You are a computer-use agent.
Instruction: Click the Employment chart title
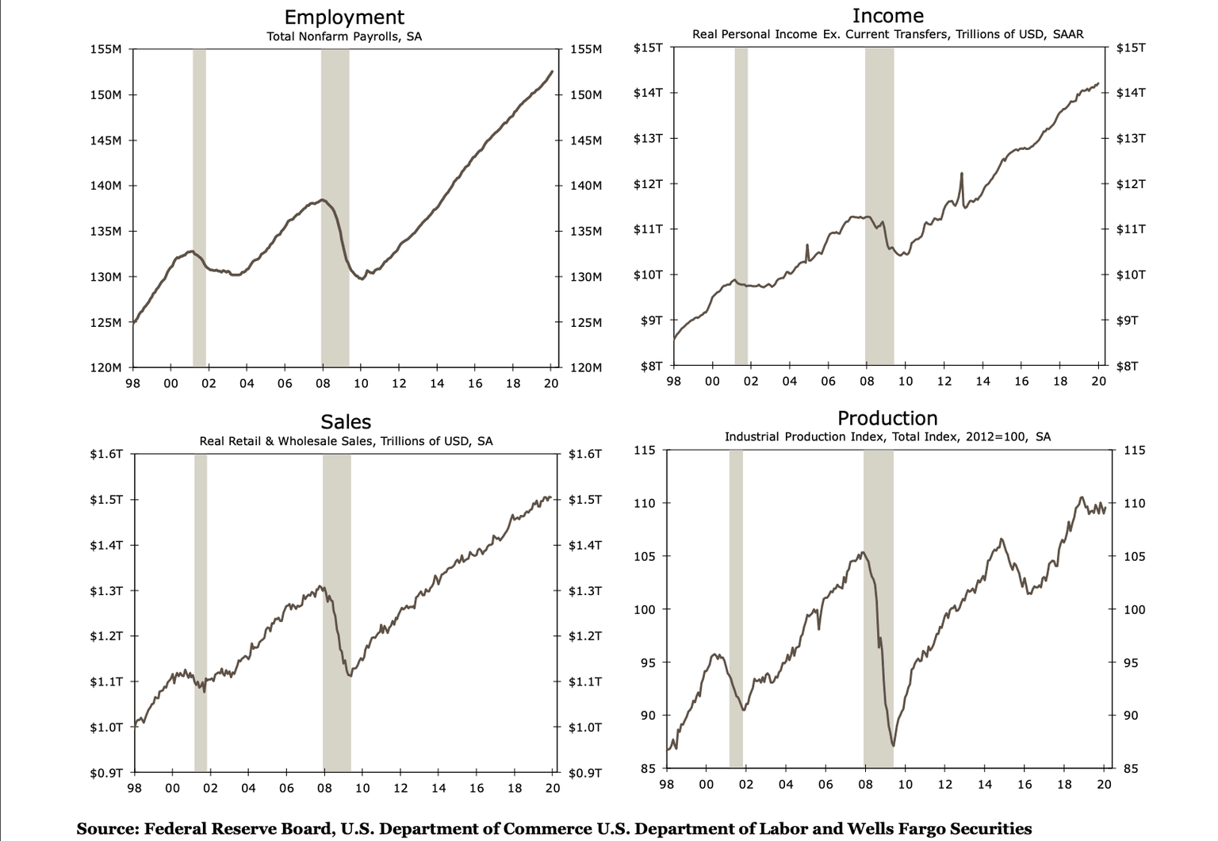[x=344, y=17]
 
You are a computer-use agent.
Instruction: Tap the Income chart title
[x=887, y=16]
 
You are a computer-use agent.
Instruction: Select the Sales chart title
[x=346, y=421]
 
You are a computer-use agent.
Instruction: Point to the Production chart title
[x=887, y=418]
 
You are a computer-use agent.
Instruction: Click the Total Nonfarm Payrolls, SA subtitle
[x=344, y=36]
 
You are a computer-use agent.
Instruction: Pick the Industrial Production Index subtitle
[x=887, y=436]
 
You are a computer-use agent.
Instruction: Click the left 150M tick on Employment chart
[x=105, y=95]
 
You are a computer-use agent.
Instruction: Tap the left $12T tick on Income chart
[x=648, y=184]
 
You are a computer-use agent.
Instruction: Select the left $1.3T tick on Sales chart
[x=105, y=591]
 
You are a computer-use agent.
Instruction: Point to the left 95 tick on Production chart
[x=645, y=662]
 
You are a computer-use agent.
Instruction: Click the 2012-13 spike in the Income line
[x=961, y=174]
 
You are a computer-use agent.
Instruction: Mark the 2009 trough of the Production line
[x=893, y=745]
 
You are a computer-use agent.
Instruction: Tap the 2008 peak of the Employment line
[x=322, y=200]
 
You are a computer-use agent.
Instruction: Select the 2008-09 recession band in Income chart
[x=879, y=206]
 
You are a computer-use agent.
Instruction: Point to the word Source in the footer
[x=107, y=828]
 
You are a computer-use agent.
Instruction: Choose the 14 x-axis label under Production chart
[x=984, y=785]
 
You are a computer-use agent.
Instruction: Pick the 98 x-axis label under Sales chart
[x=134, y=789]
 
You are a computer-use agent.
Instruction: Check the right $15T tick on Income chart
[x=1130, y=48]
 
